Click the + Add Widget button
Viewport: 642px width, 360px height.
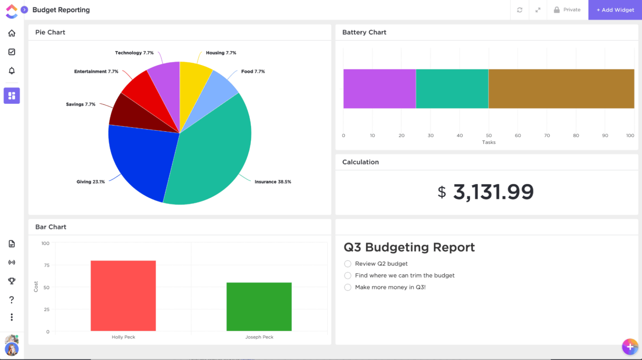(x=615, y=10)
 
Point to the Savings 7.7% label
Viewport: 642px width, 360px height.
(x=81, y=105)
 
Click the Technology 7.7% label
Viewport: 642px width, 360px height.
(x=134, y=53)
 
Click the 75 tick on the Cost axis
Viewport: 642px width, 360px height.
(x=47, y=266)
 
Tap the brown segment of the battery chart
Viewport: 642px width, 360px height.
(x=561, y=89)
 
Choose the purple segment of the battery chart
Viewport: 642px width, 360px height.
(x=380, y=89)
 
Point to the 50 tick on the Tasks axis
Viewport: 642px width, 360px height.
(x=489, y=135)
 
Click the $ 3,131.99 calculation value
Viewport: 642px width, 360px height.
(x=486, y=192)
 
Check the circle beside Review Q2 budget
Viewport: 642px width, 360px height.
(x=348, y=264)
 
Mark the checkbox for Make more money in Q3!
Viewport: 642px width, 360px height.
(x=348, y=287)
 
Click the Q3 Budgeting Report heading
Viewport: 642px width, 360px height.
(x=409, y=247)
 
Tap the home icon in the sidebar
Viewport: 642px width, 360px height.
(x=12, y=33)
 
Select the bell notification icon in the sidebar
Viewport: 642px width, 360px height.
(x=12, y=71)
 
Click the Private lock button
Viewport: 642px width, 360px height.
(x=567, y=10)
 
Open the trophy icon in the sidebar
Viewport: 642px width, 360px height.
(x=12, y=281)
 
